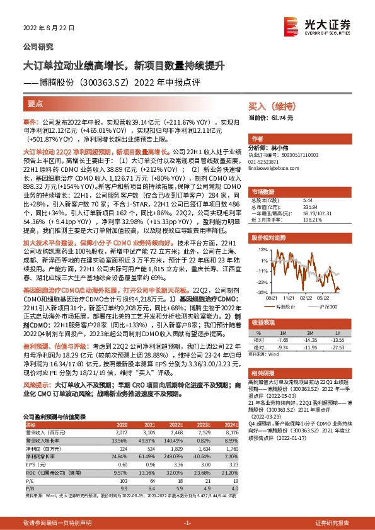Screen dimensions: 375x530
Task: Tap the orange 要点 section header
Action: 36,103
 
